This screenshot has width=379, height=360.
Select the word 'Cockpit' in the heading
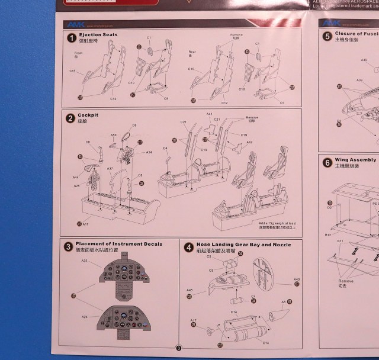tap(88, 115)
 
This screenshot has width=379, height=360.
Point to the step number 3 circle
tap(69, 245)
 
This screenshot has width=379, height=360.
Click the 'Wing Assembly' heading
tap(355, 160)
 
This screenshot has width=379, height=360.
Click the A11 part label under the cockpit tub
tap(86, 224)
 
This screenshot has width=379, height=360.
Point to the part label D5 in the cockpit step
tap(134, 126)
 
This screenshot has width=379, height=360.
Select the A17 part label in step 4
tap(193, 320)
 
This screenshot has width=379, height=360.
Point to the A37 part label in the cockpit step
tap(110, 169)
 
